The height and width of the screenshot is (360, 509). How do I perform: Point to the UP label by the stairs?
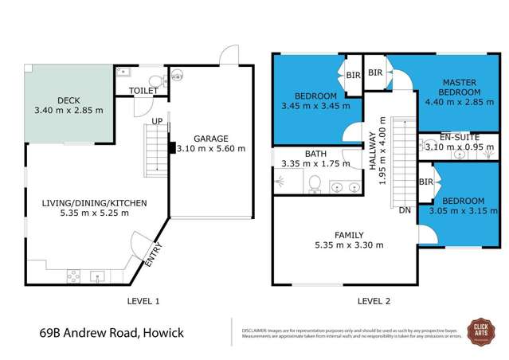coord(159,122)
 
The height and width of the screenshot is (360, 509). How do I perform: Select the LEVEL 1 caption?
coord(144,300)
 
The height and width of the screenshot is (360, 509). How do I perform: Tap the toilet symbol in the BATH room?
coord(315,185)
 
